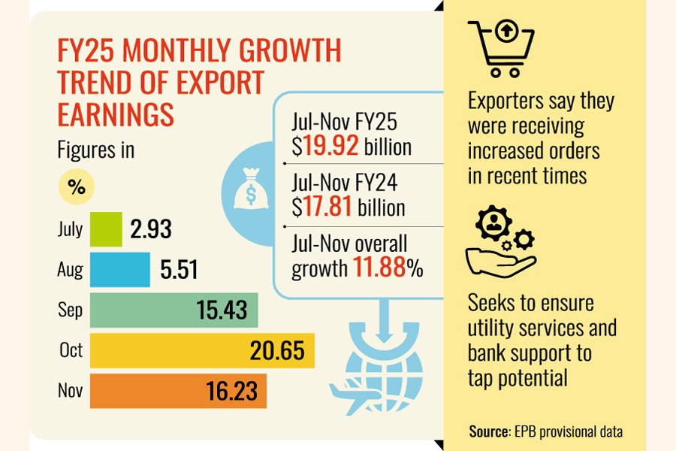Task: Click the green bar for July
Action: tap(106, 229)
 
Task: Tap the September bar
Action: tap(174, 310)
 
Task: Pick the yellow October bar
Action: tap(202, 350)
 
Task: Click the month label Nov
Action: tap(70, 391)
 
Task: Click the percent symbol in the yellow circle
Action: tap(77, 188)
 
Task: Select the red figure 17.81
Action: tap(328, 206)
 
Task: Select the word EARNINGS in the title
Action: tap(116, 114)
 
